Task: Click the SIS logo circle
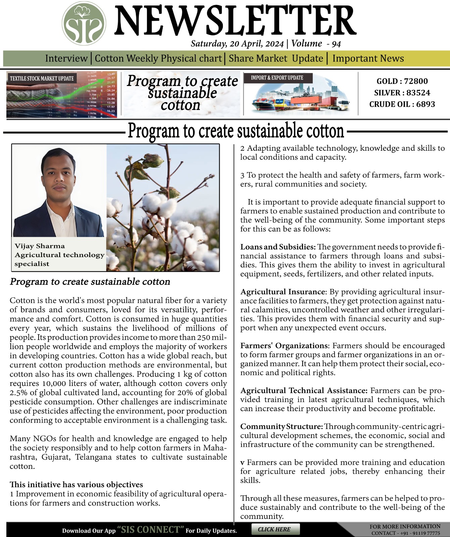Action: (84, 23)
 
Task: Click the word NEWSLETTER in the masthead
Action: (235, 22)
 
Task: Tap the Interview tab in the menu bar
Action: (66, 58)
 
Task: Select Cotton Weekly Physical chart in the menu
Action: (158, 58)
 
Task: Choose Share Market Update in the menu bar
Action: (276, 58)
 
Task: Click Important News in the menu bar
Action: (368, 58)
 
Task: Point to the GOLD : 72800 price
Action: (402, 81)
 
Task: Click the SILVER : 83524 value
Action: (402, 93)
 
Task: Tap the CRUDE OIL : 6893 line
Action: (402, 104)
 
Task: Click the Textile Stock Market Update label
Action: (42, 79)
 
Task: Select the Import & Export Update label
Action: (277, 78)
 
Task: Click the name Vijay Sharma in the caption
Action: (40, 246)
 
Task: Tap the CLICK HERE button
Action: (274, 529)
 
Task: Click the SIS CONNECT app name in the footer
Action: (151, 530)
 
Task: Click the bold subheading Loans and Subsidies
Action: (278, 247)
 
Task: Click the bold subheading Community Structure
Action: (282, 427)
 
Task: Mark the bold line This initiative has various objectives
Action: (76, 485)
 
